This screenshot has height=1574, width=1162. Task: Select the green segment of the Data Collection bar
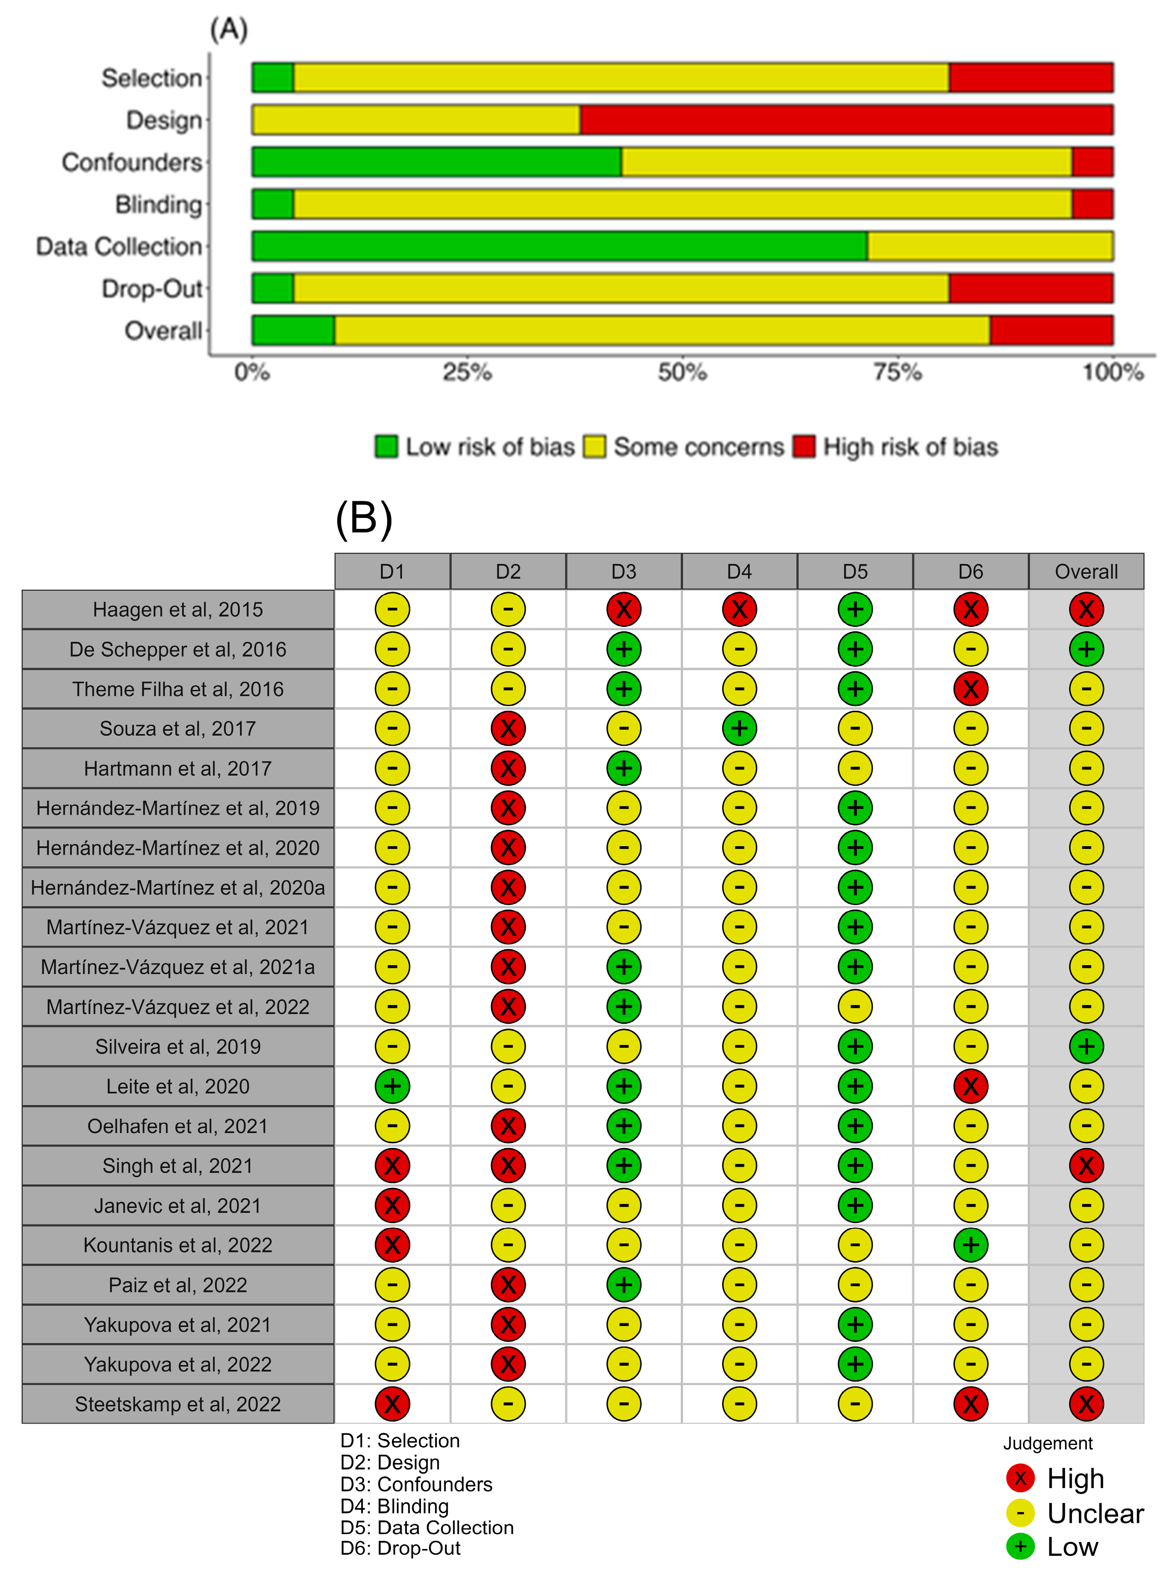point(559,246)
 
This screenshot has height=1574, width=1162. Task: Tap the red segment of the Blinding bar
point(1093,204)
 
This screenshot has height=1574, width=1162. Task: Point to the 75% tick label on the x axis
point(897,372)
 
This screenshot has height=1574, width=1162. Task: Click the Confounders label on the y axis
point(132,162)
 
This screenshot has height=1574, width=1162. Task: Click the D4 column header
point(739,572)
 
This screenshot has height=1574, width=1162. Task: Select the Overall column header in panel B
point(1086,572)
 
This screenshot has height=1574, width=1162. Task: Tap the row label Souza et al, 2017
point(178,728)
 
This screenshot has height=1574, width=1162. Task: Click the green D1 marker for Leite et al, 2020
point(393,1086)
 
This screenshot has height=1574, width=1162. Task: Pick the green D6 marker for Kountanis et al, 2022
point(971,1245)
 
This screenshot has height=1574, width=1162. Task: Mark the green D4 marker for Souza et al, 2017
point(739,728)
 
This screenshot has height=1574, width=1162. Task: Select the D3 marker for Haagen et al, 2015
point(624,610)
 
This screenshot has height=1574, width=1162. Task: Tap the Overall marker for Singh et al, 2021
point(1086,1165)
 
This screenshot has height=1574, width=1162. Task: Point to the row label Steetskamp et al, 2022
point(178,1404)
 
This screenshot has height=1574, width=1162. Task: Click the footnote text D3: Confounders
point(416,1484)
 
